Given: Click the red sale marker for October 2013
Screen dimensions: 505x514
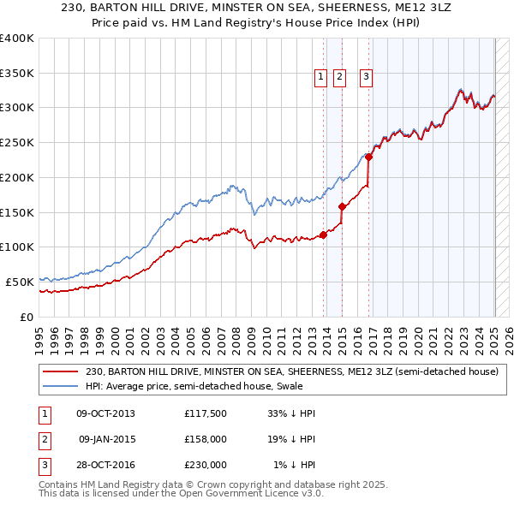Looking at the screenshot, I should click(323, 235).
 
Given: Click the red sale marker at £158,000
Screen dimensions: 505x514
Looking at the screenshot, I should click(342, 206).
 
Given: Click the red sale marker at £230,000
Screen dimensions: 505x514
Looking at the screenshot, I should click(369, 157).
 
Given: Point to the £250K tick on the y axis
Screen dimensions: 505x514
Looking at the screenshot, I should click(17, 143).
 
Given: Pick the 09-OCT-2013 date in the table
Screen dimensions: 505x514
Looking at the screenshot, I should click(105, 413).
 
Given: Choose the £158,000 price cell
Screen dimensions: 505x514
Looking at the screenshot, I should click(206, 439).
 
